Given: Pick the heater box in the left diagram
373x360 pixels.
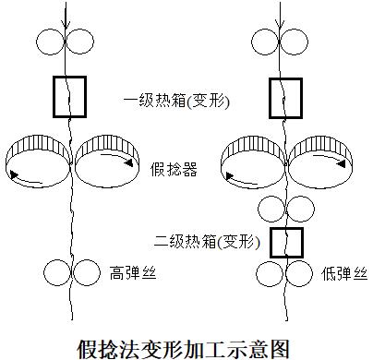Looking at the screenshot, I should point(69,96).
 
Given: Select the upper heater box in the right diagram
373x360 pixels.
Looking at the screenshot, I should point(285,99).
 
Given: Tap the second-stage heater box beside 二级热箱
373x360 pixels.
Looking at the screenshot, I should point(286,242).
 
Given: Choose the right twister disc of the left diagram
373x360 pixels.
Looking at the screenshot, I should point(104,159).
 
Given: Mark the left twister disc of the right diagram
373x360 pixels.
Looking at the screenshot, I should point(251,159).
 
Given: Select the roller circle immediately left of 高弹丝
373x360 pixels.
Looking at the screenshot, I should point(86,272).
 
